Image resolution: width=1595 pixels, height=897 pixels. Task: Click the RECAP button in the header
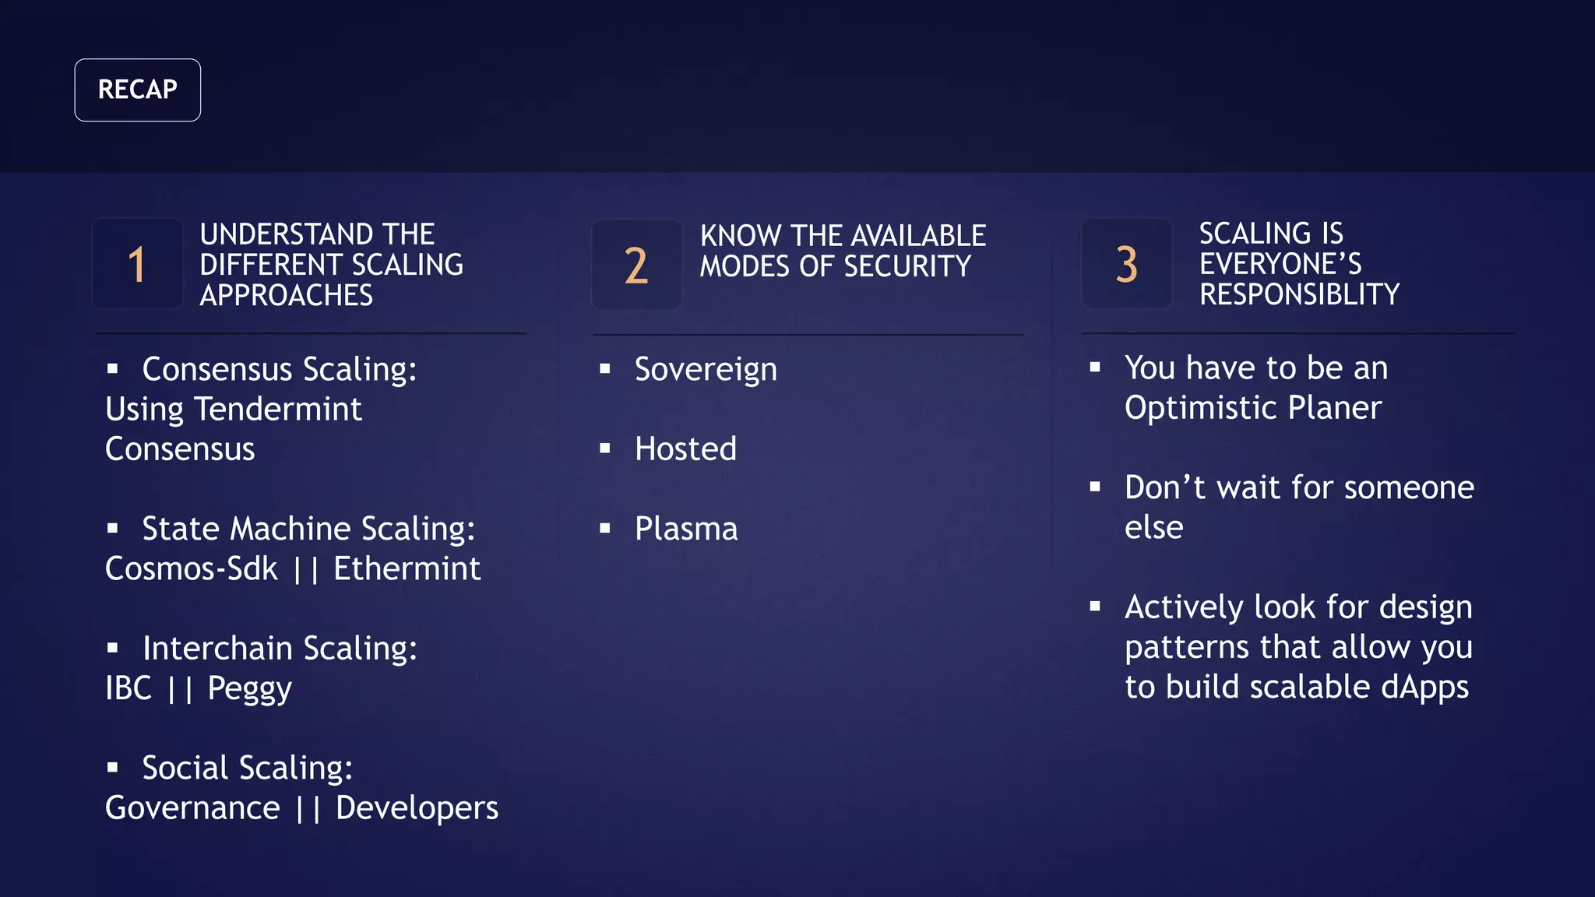pyautogui.click(x=137, y=90)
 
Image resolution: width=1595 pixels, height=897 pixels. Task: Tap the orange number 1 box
pyautogui.click(x=137, y=264)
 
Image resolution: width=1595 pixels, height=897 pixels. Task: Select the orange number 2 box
pyautogui.click(x=636, y=266)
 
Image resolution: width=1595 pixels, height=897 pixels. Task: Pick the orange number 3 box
pyautogui.click(x=1126, y=264)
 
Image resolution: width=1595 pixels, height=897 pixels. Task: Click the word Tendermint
pyautogui.click(x=278, y=410)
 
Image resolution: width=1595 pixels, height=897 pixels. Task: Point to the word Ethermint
pyautogui.click(x=407, y=569)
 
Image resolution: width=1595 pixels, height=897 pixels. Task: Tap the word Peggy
pyautogui.click(x=249, y=689)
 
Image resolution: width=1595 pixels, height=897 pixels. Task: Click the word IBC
pyautogui.click(x=129, y=688)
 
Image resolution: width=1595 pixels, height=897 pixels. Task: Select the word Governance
pyautogui.click(x=192, y=808)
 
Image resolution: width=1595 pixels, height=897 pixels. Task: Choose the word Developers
pyautogui.click(x=417, y=808)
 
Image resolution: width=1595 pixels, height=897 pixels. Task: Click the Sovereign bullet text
pyautogui.click(x=706, y=370)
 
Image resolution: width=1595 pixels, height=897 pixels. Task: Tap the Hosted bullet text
pyautogui.click(x=685, y=449)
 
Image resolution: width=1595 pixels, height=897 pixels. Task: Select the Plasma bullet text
pyautogui.click(x=686, y=529)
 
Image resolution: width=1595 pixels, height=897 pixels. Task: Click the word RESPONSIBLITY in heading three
pyautogui.click(x=1299, y=294)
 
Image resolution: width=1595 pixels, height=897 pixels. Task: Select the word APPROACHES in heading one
pyautogui.click(x=286, y=296)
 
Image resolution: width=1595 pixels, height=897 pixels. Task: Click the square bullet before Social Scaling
pyautogui.click(x=113, y=768)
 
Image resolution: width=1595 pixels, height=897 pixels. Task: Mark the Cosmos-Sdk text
pyautogui.click(x=192, y=569)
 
